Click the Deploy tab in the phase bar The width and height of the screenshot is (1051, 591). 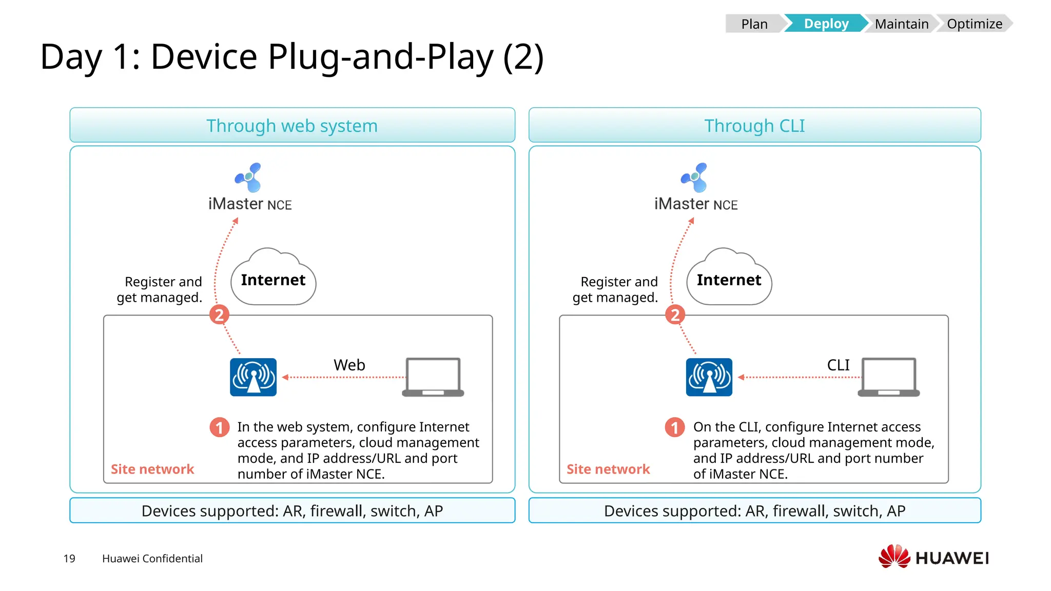pyautogui.click(x=825, y=24)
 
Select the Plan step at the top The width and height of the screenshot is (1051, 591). pyautogui.click(x=754, y=24)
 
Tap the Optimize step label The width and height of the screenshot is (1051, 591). pyautogui.click(x=974, y=24)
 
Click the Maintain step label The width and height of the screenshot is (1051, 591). pyautogui.click(x=901, y=24)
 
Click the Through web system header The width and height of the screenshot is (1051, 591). pyautogui.click(x=292, y=126)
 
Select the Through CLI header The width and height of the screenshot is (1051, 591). pyautogui.click(x=754, y=126)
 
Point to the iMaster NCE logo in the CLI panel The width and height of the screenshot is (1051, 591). pyautogui.click(x=695, y=178)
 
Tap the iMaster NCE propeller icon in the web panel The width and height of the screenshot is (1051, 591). pyautogui.click(x=249, y=178)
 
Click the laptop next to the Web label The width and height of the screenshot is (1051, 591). pyautogui.click(x=433, y=377)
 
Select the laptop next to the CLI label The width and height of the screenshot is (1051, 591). pyautogui.click(x=889, y=377)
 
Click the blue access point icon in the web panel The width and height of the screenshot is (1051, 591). pyautogui.click(x=253, y=377)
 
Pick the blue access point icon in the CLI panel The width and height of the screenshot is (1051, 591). pyautogui.click(x=709, y=377)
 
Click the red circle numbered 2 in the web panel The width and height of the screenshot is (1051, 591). pyautogui.click(x=219, y=314)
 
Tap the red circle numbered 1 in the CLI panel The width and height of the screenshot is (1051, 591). pyautogui.click(x=675, y=427)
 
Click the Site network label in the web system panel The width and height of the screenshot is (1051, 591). pyautogui.click(x=152, y=469)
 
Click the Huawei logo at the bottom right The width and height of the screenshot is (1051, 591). pyautogui.click(x=933, y=557)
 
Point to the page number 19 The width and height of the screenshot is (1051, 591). pyautogui.click(x=69, y=558)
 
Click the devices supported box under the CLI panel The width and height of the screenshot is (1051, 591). pyautogui.click(x=754, y=510)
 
